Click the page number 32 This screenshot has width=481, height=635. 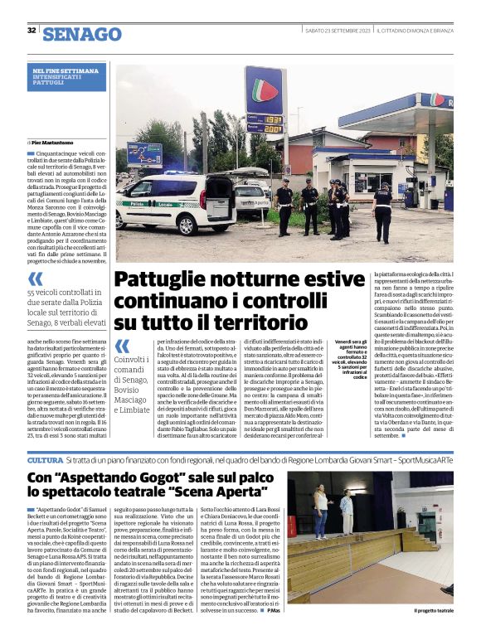tap(31, 31)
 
